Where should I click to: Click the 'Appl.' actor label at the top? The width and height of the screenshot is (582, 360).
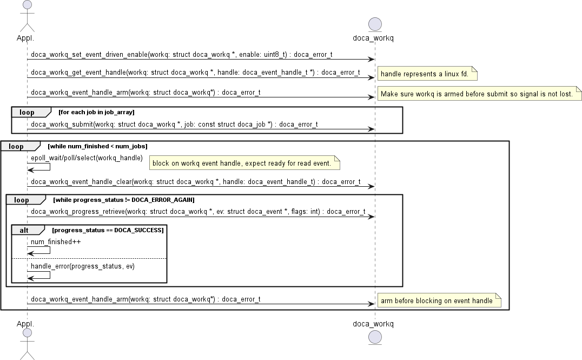coord(25,38)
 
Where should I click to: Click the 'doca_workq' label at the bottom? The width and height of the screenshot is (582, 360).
coord(373,324)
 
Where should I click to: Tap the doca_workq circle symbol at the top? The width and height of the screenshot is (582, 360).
coord(375,24)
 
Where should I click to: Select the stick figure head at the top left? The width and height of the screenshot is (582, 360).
coord(27,5)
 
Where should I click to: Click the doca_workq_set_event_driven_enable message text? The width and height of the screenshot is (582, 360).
coord(182,55)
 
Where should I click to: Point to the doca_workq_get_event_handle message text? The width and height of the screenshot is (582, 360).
coord(195,73)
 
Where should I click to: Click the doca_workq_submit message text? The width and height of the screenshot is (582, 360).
coord(174,125)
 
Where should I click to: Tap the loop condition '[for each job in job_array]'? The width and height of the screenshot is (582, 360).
coord(96,112)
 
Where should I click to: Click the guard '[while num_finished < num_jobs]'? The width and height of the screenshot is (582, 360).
coord(97,146)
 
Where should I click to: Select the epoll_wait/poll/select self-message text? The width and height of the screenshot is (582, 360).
coord(87,158)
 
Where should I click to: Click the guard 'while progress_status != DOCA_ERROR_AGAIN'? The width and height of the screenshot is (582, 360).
coord(123,200)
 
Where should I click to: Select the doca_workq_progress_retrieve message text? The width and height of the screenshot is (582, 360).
coord(198,212)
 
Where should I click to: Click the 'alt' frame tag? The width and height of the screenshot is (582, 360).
coord(24,230)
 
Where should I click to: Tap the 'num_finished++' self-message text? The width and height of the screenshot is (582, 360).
coord(56,242)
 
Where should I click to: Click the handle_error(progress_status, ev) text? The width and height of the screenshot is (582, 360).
coord(82,266)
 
